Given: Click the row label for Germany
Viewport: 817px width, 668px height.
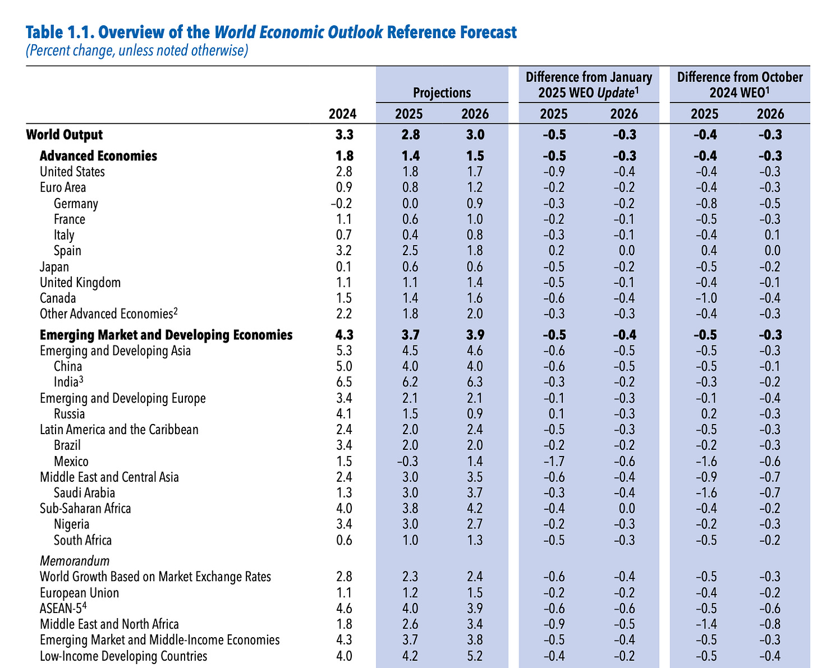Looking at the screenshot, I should (x=76, y=204).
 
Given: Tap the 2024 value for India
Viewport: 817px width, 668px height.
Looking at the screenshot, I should (x=342, y=383).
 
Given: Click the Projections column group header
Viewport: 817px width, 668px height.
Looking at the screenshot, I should (x=442, y=93).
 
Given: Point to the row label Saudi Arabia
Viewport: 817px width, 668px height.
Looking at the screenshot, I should (x=84, y=493).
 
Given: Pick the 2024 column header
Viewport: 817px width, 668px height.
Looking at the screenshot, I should (x=342, y=114).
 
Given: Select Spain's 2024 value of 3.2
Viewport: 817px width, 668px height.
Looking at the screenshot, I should (x=342, y=251).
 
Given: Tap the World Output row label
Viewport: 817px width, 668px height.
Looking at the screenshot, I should (x=65, y=135).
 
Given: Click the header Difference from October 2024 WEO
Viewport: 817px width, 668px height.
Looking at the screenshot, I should (x=740, y=84).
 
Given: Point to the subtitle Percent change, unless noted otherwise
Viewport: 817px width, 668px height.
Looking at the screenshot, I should (x=137, y=50).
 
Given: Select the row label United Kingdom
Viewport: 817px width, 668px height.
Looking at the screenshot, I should (x=80, y=283).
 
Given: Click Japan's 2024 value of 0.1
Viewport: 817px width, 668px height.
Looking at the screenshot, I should (x=342, y=267).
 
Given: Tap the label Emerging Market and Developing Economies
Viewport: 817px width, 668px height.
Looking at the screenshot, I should (x=166, y=335).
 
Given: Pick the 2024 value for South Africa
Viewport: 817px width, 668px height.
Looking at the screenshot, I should (x=342, y=541).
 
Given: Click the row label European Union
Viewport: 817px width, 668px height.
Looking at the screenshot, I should (x=79, y=593).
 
